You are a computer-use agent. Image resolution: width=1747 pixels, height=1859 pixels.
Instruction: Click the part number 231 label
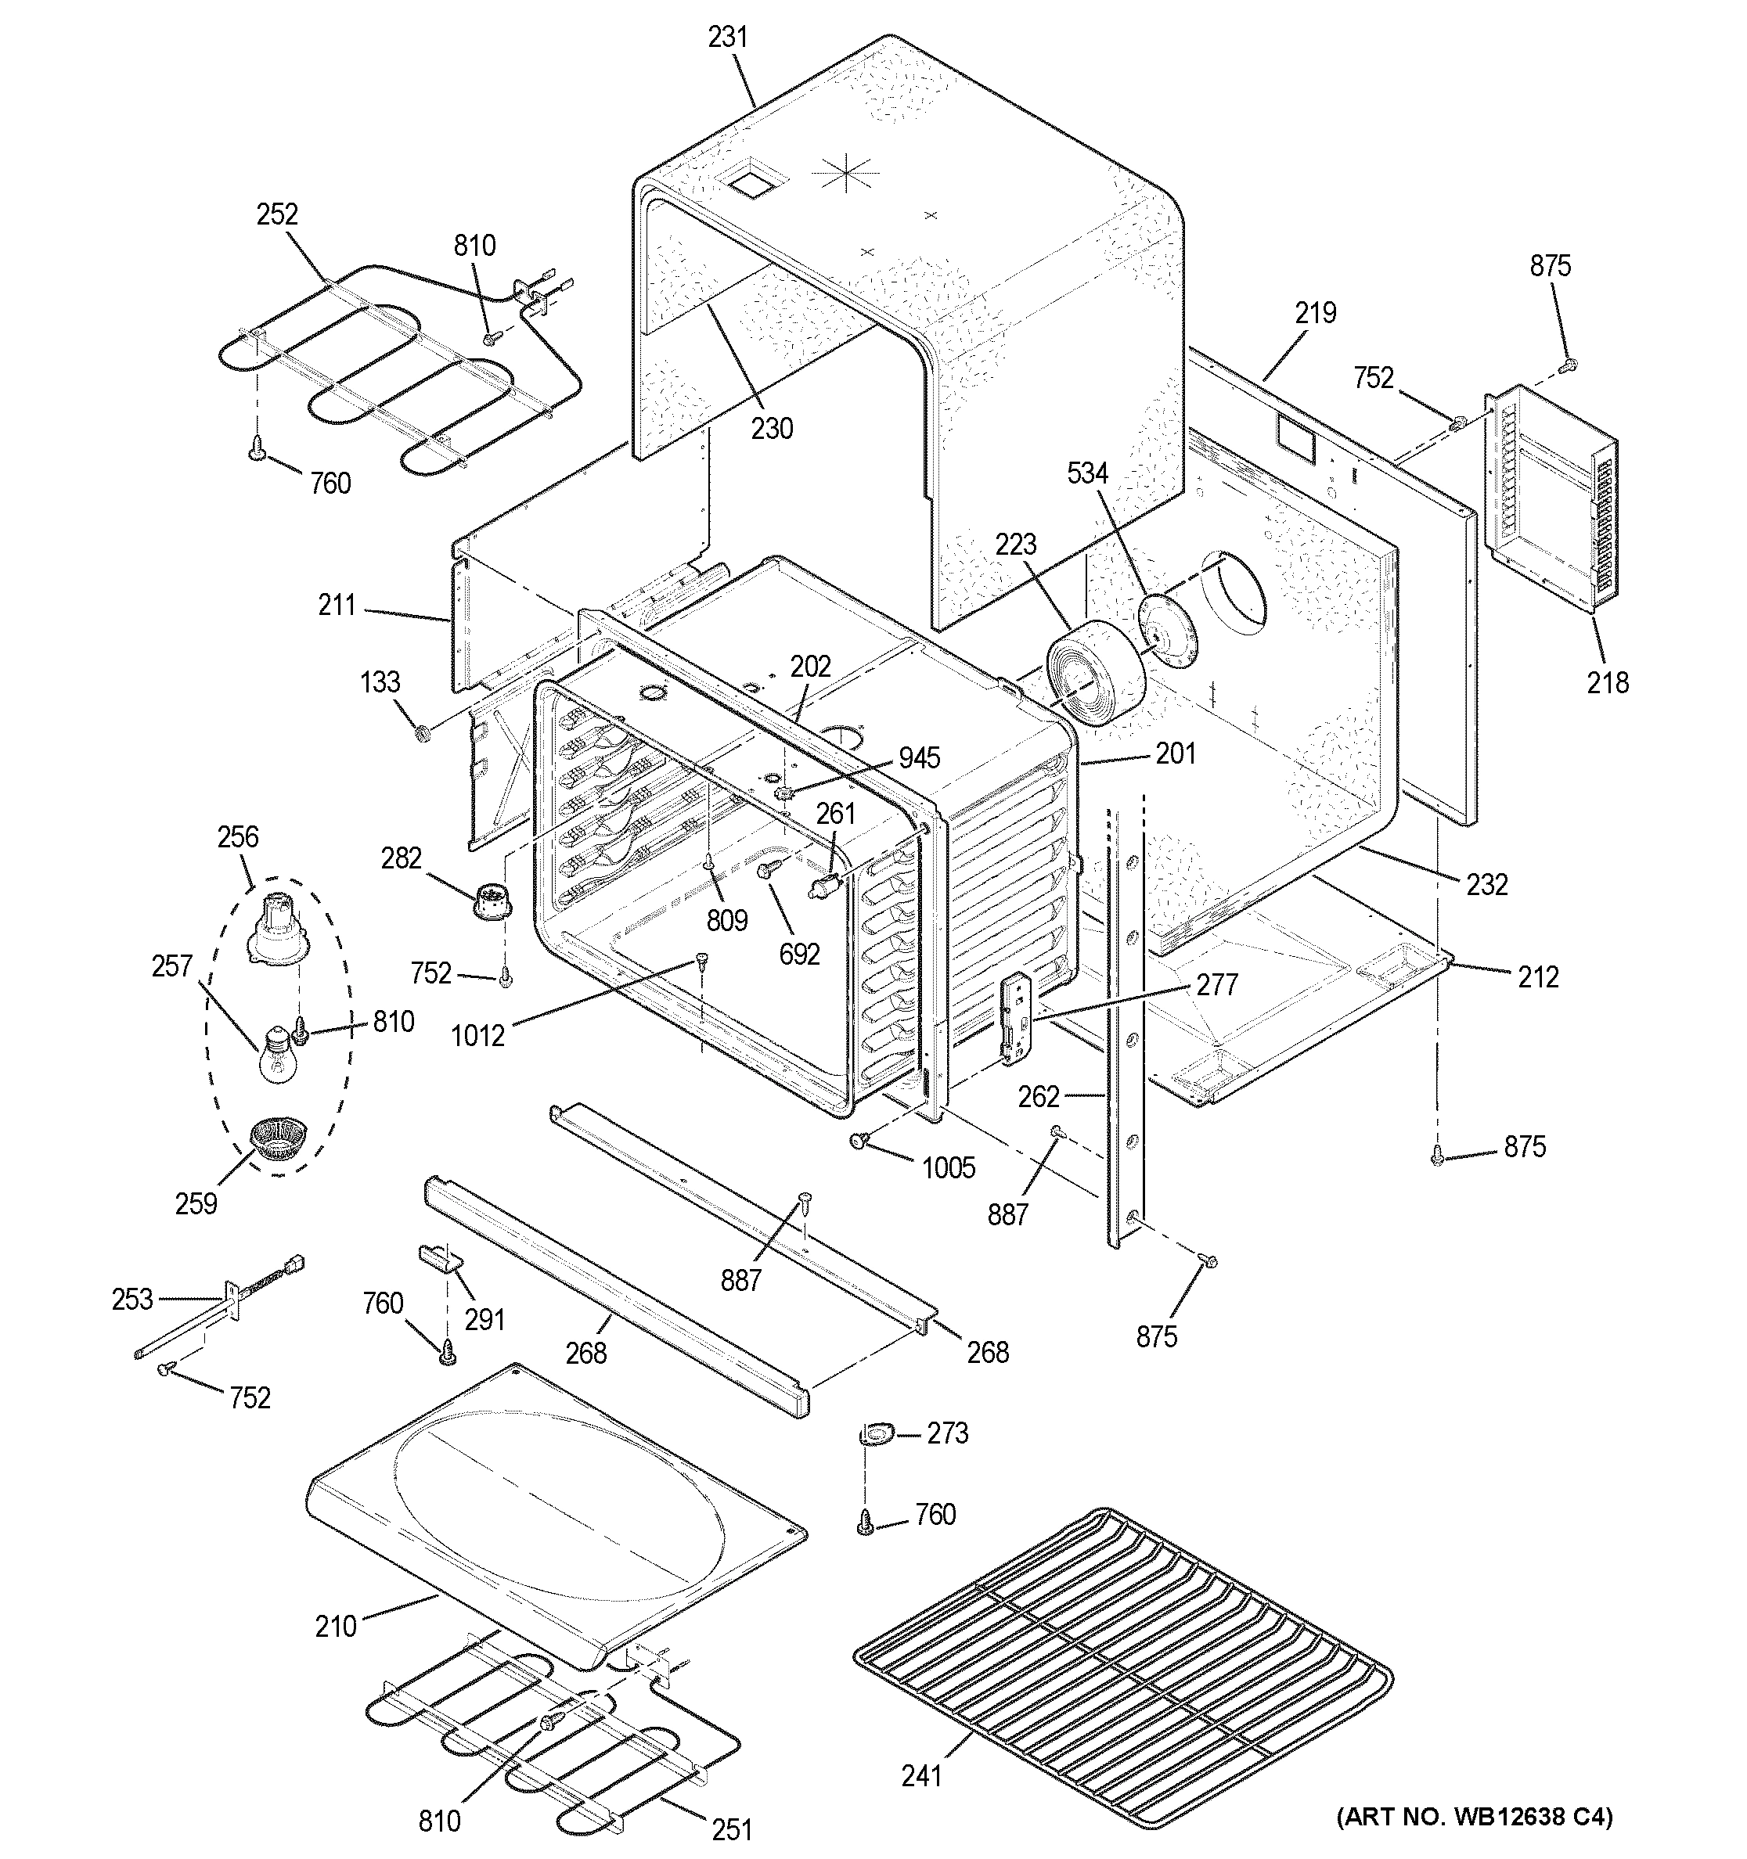pyautogui.click(x=728, y=38)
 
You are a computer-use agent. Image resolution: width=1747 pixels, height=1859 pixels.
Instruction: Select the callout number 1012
pyautogui.click(x=478, y=1035)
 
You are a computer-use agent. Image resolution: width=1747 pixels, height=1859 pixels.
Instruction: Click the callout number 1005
pyautogui.click(x=949, y=1167)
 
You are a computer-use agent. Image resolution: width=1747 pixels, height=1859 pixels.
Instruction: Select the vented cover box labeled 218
pyautogui.click(x=1550, y=502)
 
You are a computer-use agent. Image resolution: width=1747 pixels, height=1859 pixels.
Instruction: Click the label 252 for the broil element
pyautogui.click(x=277, y=214)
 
